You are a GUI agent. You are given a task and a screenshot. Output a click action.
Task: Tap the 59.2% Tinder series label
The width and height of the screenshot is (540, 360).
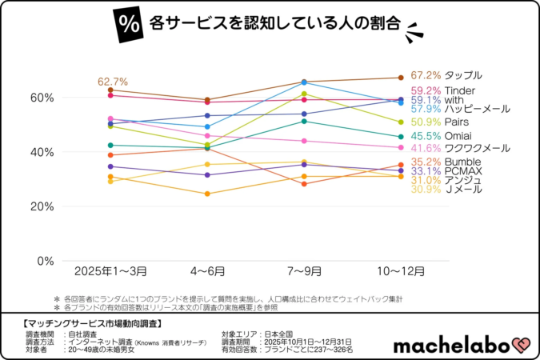coord(438,90)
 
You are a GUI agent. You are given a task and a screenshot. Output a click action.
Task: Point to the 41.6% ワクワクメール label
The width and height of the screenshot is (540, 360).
coord(460,148)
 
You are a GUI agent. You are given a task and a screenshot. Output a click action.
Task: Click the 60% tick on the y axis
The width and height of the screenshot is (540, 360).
coord(42,98)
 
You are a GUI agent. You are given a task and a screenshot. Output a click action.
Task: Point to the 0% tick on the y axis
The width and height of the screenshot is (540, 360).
coord(45,261)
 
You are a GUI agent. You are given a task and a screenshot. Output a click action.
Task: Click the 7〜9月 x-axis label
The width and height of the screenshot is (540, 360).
coord(304,272)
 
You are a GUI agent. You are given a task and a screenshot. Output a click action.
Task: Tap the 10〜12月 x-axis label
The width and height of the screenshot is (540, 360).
coord(400,272)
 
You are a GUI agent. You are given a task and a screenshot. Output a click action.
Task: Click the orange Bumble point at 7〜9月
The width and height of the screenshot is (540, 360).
coord(304,184)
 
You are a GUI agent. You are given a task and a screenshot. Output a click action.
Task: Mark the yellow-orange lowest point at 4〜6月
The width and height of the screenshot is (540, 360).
coord(208,194)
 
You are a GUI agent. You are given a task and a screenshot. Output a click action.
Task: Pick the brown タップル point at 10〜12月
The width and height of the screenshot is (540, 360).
coord(400,78)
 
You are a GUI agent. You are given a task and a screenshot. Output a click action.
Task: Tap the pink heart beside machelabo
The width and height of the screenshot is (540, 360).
coord(520,343)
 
